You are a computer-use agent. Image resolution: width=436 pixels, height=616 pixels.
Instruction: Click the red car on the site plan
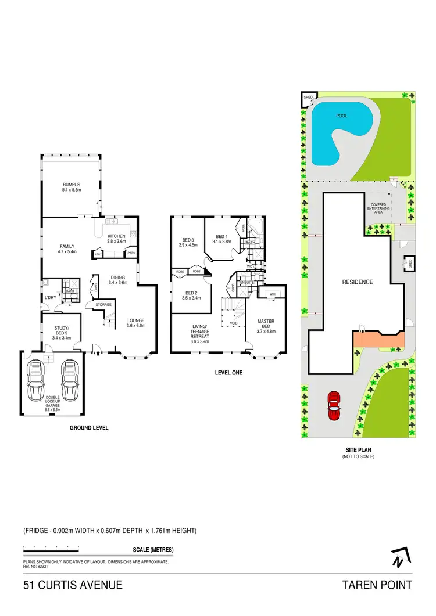334,406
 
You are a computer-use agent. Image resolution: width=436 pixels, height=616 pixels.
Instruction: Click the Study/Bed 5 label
61,330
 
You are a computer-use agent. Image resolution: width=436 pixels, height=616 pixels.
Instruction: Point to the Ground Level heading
89,428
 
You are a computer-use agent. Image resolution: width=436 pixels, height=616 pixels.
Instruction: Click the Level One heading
229,373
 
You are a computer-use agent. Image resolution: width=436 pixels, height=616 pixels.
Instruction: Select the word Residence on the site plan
357,282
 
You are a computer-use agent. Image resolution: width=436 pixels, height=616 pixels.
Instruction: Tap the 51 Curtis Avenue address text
73,585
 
